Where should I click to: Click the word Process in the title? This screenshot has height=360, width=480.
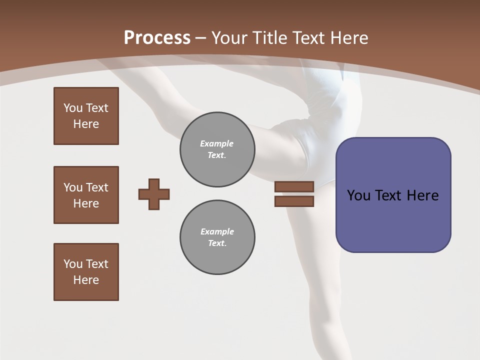(x=157, y=38)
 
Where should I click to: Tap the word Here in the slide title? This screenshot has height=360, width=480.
(x=348, y=38)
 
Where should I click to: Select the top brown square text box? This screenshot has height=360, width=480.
(x=86, y=116)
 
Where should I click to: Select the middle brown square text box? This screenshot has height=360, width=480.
(x=86, y=195)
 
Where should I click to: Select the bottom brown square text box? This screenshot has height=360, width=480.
(x=86, y=272)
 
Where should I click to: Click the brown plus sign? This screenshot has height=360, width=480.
(x=154, y=194)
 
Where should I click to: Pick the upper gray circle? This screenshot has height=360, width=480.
(x=217, y=149)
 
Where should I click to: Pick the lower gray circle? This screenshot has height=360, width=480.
(x=217, y=237)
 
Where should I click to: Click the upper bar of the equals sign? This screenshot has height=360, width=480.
(x=294, y=186)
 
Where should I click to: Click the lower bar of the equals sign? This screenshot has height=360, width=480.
(x=294, y=201)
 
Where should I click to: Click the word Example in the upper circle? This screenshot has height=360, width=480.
(x=217, y=143)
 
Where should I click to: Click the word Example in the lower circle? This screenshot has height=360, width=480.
(x=217, y=231)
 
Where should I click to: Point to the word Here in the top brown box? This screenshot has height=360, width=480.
(x=86, y=124)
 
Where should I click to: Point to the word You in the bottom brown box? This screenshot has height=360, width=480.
(x=73, y=263)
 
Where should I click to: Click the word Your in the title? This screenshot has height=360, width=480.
(x=228, y=38)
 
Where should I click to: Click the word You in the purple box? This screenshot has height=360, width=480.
(x=358, y=195)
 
